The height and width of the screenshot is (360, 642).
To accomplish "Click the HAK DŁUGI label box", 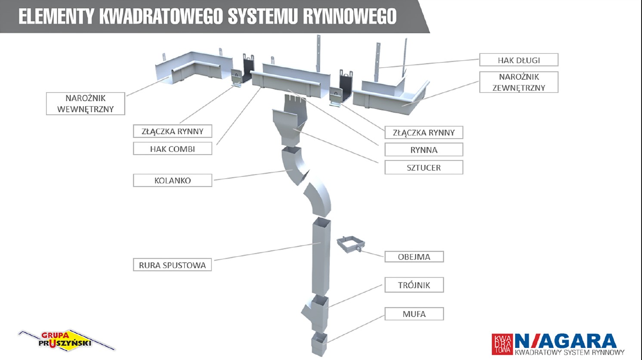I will [x=519, y=60].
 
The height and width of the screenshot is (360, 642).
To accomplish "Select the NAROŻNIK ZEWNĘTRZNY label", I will [x=519, y=82].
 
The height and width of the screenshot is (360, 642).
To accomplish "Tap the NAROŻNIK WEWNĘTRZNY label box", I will [x=85, y=104].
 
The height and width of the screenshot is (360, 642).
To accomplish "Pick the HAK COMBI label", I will [x=172, y=149].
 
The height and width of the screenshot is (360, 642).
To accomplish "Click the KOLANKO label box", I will [x=172, y=180].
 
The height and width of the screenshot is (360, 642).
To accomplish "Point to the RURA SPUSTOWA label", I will [x=172, y=265].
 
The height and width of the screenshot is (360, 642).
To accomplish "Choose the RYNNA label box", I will [x=423, y=150].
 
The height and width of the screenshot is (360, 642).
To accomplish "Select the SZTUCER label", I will [x=423, y=168].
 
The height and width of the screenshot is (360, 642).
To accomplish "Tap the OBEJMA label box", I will [x=414, y=257].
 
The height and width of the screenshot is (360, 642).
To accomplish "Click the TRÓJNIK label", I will [x=414, y=285].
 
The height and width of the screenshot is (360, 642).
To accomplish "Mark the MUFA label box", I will [x=414, y=314].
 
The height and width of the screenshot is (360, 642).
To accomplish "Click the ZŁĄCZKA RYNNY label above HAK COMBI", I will [x=172, y=131].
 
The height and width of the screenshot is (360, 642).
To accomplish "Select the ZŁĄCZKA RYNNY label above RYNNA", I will [x=423, y=133].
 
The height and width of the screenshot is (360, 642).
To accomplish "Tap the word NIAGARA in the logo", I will [x=565, y=341].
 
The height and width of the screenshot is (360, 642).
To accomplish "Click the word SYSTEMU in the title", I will [x=262, y=16].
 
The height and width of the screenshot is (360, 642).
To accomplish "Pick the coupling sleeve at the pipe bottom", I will [x=319, y=344].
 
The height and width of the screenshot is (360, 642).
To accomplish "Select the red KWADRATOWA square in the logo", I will [x=502, y=344].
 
